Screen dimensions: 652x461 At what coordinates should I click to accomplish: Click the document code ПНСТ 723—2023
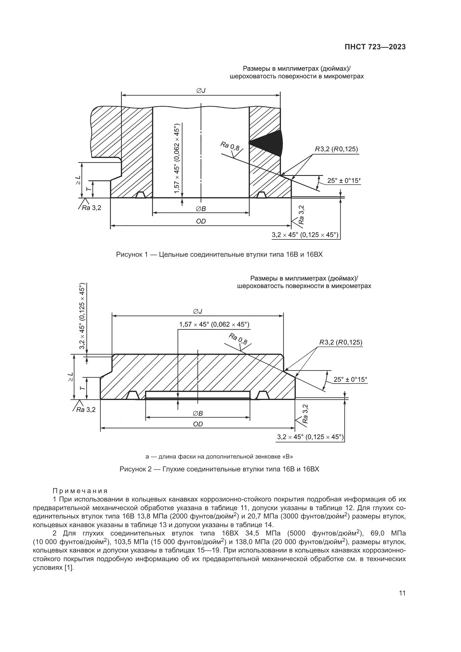(375, 47)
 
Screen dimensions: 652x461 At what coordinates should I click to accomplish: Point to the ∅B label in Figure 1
(201, 209)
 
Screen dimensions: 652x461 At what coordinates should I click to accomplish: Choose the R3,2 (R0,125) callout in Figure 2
(341, 343)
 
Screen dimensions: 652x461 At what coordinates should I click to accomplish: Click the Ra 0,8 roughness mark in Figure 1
(230, 147)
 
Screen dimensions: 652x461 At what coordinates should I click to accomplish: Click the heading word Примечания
(80, 491)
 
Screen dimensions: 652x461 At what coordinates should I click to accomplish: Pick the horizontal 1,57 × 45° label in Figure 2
(214, 324)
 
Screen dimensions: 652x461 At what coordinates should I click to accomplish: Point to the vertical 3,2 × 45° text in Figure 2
(82, 317)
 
